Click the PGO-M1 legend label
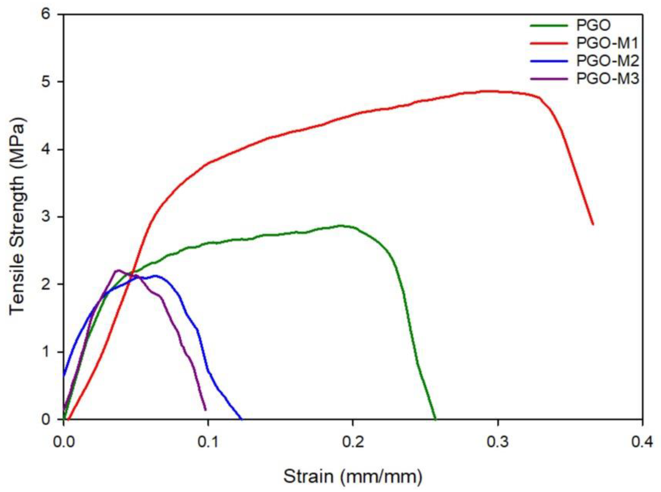607,44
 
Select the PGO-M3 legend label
607,79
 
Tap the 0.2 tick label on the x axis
353,443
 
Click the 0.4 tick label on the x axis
642,443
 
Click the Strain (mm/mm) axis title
353,476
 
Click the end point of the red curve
593,224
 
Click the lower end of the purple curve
205,410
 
